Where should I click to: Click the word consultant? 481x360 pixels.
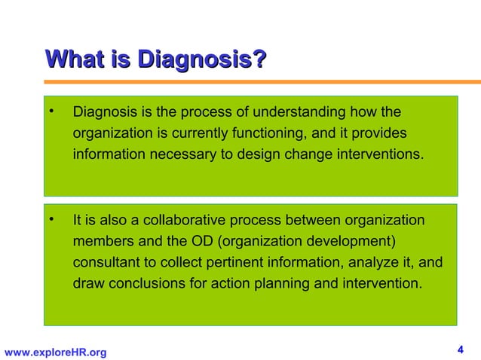[103, 264]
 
